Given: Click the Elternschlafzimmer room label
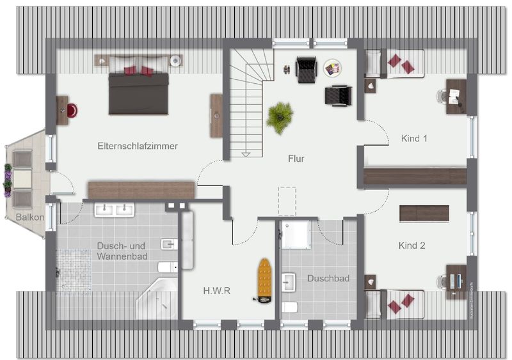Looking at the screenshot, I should coord(138,146).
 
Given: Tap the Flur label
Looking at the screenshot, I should coord(296,159).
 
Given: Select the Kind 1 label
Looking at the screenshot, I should coord(413,138).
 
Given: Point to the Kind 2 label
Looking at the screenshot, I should coord(412,246).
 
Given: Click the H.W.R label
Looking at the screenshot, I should coord(217,290).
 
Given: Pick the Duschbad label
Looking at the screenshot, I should coord(328,279).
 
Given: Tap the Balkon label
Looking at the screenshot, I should coord(30,217).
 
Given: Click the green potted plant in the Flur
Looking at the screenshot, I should coord(280,117).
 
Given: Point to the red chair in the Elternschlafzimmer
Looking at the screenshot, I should coord(71,110).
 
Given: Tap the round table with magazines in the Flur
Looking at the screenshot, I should coord(332,67).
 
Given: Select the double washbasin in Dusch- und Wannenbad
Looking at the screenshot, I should coord(115,209).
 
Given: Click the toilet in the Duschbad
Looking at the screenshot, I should coord(289,308).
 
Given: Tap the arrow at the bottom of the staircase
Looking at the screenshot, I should coord(244,153).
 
